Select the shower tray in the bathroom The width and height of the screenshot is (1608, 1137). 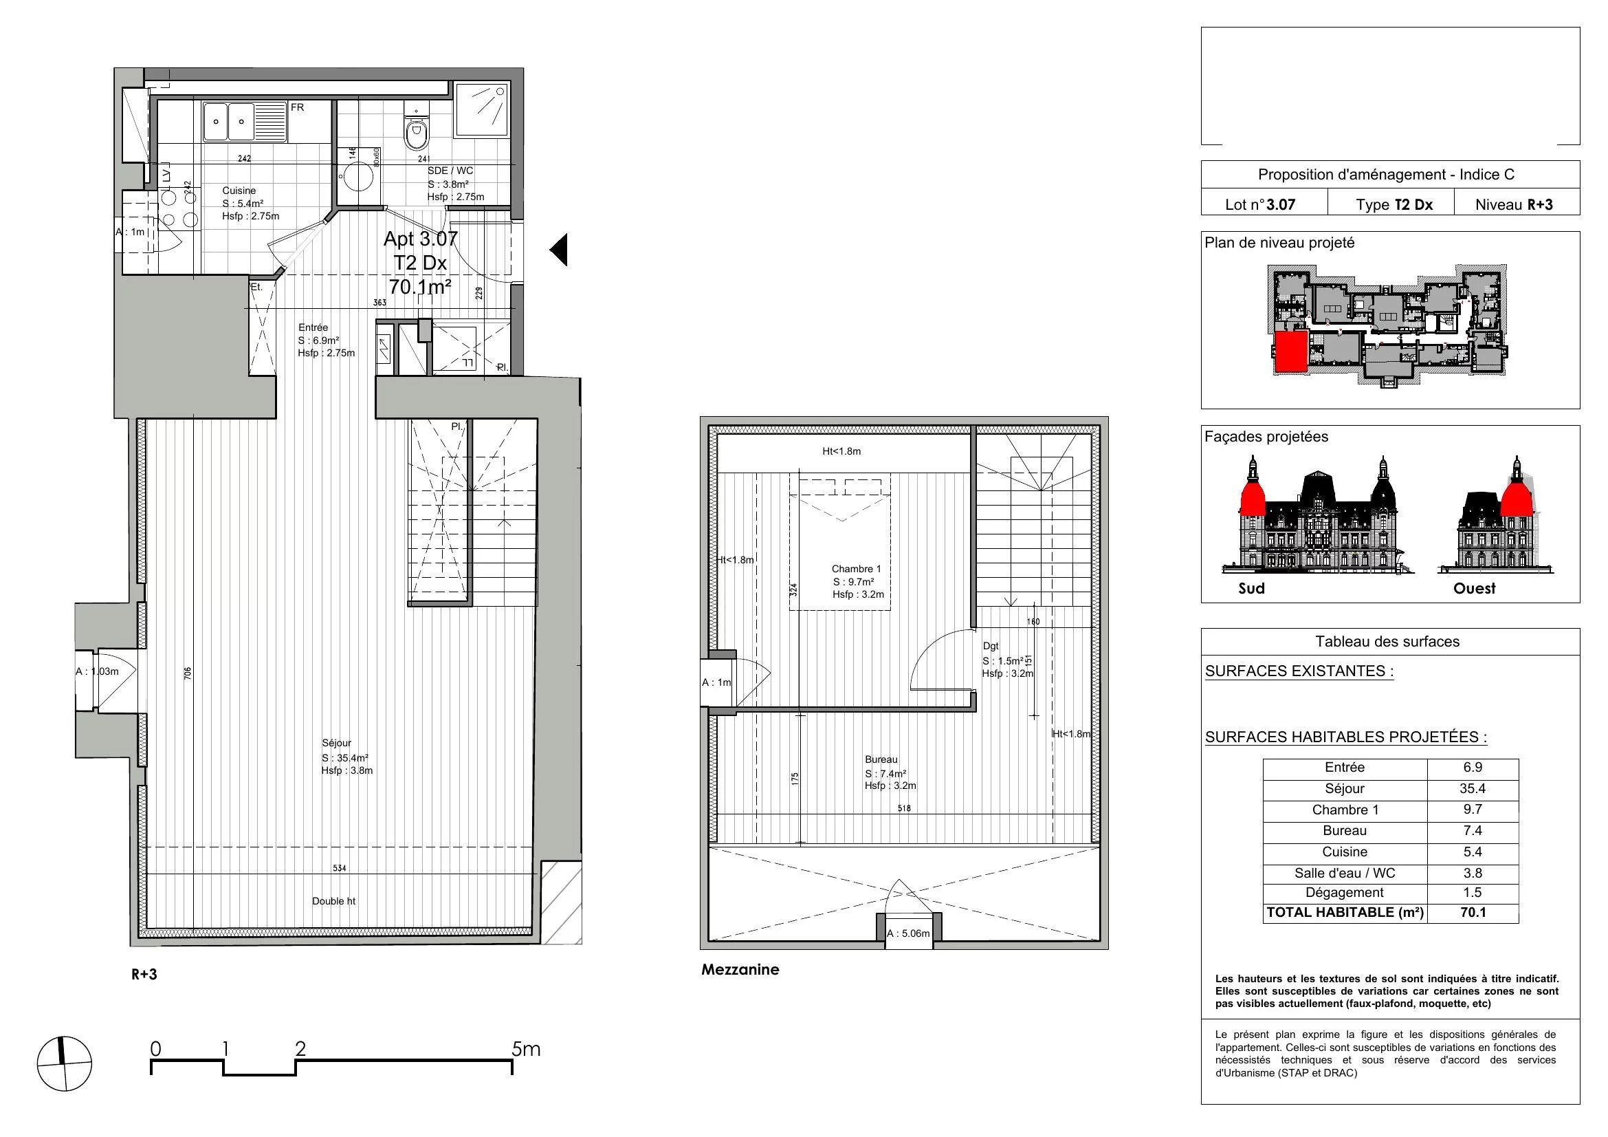481,109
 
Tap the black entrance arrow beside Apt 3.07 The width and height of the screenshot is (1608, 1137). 558,250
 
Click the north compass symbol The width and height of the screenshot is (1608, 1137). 64,1063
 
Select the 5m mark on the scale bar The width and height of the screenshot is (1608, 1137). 526,1050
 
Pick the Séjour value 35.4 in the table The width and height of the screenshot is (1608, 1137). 1473,789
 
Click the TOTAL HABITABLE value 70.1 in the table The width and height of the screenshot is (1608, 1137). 1473,913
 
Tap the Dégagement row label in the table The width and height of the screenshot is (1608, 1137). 1345,893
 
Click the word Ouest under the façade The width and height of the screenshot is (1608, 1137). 1474,589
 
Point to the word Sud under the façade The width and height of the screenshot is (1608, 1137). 1251,589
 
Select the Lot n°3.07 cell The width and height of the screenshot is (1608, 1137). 1261,204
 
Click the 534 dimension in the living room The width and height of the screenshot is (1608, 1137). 340,869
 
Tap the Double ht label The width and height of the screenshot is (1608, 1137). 333,901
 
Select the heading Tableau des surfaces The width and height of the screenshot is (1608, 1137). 1387,642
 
